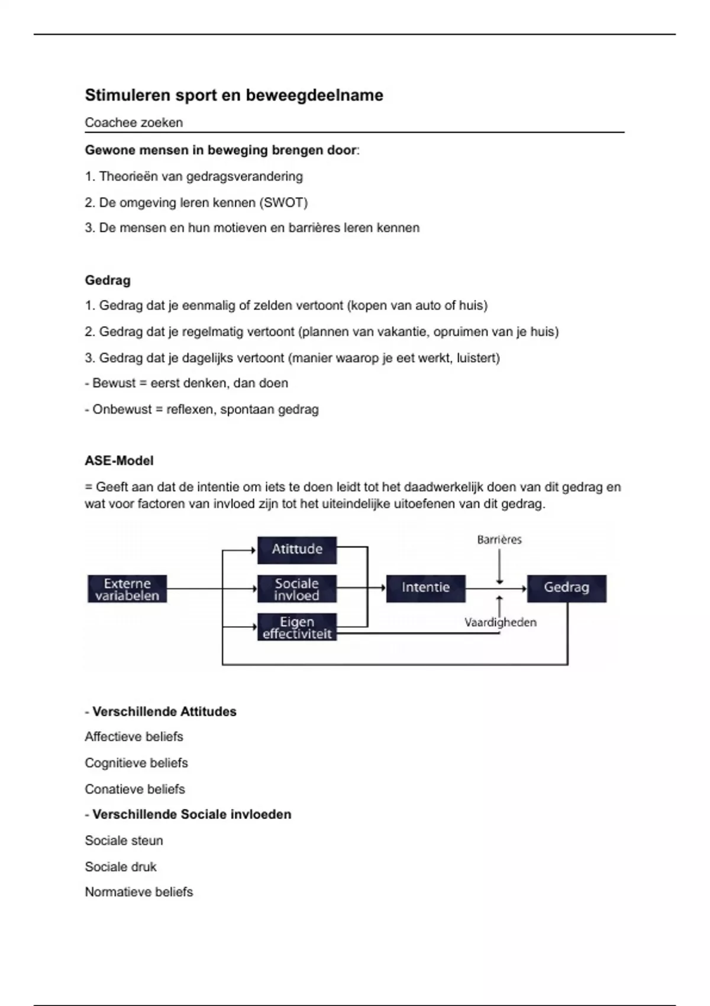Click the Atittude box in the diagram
point(297,550)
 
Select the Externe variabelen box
point(127,589)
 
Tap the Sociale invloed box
point(297,589)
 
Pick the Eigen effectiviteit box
point(297,627)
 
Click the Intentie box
point(426,588)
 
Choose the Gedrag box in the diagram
point(566,588)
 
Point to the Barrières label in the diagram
point(499,540)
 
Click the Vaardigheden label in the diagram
point(500,623)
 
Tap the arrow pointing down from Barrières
point(500,567)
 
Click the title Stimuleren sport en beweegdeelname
point(234,95)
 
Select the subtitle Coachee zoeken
point(134,122)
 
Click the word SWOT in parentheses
point(283,202)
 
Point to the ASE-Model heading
point(119,461)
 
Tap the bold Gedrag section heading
point(108,280)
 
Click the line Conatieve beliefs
point(135,789)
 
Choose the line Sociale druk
point(121,867)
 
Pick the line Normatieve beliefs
point(139,892)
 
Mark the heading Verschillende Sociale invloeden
point(192,815)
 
